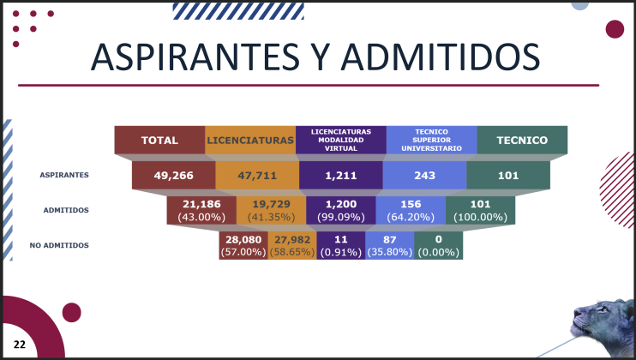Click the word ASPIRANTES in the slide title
pos(195,57)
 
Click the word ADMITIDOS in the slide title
pos(441,57)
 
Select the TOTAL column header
pos(159,140)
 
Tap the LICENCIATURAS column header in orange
pos(250,140)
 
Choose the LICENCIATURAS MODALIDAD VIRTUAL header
pos(341,140)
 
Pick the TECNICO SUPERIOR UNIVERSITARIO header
pos(432,140)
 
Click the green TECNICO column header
pos(523,140)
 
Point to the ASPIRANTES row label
pos(64,175)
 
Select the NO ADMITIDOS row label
pos(59,245)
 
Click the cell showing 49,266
pos(174,175)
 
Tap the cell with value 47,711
pos(257,175)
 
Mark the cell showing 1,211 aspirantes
pos(341,175)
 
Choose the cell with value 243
pos(424,175)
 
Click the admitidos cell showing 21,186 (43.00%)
pos(201,210)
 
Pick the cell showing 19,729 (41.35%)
pos(272,210)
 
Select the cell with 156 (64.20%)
pos(411,210)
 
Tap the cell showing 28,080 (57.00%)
pos(243,245)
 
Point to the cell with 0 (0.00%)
pos(439,245)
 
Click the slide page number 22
pos(20,345)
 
